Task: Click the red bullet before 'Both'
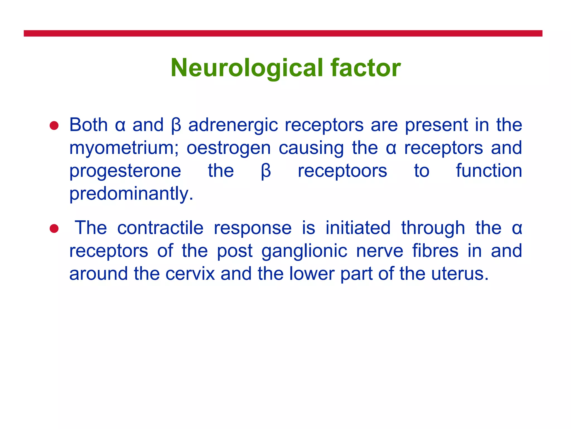[54, 126]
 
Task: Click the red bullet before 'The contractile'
[54, 228]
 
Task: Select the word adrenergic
[233, 125]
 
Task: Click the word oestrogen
[229, 148]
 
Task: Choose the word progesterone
[125, 171]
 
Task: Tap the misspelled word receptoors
[342, 171]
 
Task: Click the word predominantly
[131, 194]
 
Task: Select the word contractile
[160, 228]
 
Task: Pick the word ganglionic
[304, 251]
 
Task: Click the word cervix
[190, 274]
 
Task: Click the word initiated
[358, 228]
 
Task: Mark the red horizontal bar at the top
[283, 34]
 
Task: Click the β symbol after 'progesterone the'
[266, 171]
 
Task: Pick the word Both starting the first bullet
[88, 125]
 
